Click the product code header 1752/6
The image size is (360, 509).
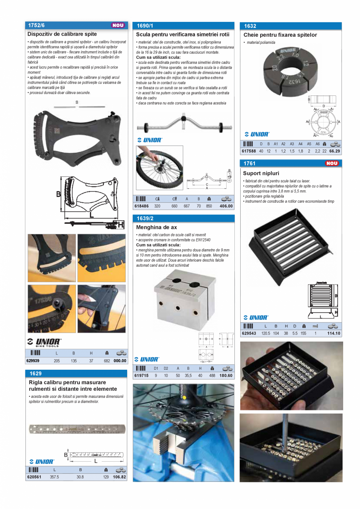tap(36, 25)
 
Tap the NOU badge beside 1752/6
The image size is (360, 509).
tap(118, 25)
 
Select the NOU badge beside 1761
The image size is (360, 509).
tap(331, 164)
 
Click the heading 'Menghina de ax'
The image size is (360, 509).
tap(157, 227)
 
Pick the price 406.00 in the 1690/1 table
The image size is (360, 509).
tap(226, 206)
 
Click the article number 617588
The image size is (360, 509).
tap(249, 151)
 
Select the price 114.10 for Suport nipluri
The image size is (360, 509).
tap(333, 333)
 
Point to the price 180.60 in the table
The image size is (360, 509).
tap(226, 375)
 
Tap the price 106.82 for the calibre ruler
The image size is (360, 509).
tap(119, 477)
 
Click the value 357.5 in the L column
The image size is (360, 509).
tap(54, 477)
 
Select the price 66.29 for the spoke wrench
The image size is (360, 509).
tap(335, 151)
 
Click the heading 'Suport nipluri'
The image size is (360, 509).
tap(261, 173)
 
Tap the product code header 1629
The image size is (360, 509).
tap(35, 374)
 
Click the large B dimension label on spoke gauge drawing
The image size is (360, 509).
tap(58, 194)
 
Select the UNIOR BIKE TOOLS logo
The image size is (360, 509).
tap(44, 342)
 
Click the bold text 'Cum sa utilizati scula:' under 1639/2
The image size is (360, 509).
tap(158, 245)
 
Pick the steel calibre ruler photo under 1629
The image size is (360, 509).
tap(77, 429)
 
